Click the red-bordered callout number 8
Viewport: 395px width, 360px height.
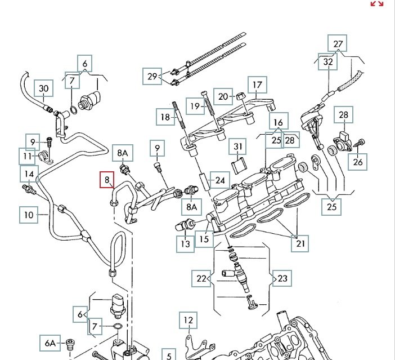[x=107, y=181]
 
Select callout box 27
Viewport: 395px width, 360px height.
[x=338, y=43]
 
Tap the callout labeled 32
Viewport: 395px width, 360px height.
[x=328, y=63]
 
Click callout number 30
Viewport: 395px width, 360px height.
[x=43, y=88]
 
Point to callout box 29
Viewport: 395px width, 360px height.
[x=152, y=76]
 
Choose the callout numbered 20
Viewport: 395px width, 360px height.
[x=223, y=96]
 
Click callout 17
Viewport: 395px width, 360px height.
[x=257, y=86]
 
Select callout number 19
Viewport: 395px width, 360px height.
[x=195, y=106]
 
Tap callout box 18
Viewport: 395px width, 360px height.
[x=165, y=117]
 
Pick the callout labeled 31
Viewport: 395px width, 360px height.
[x=239, y=148]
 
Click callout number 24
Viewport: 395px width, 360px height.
[x=220, y=181]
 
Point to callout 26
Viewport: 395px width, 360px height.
[x=358, y=163]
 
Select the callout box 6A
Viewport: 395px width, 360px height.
[x=51, y=343]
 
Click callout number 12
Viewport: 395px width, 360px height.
[x=188, y=321]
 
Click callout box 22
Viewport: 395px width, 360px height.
[x=201, y=277]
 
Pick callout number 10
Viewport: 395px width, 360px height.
[x=29, y=214]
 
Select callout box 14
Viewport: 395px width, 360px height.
[x=29, y=174]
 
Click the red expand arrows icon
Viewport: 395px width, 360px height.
[x=376, y=3]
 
